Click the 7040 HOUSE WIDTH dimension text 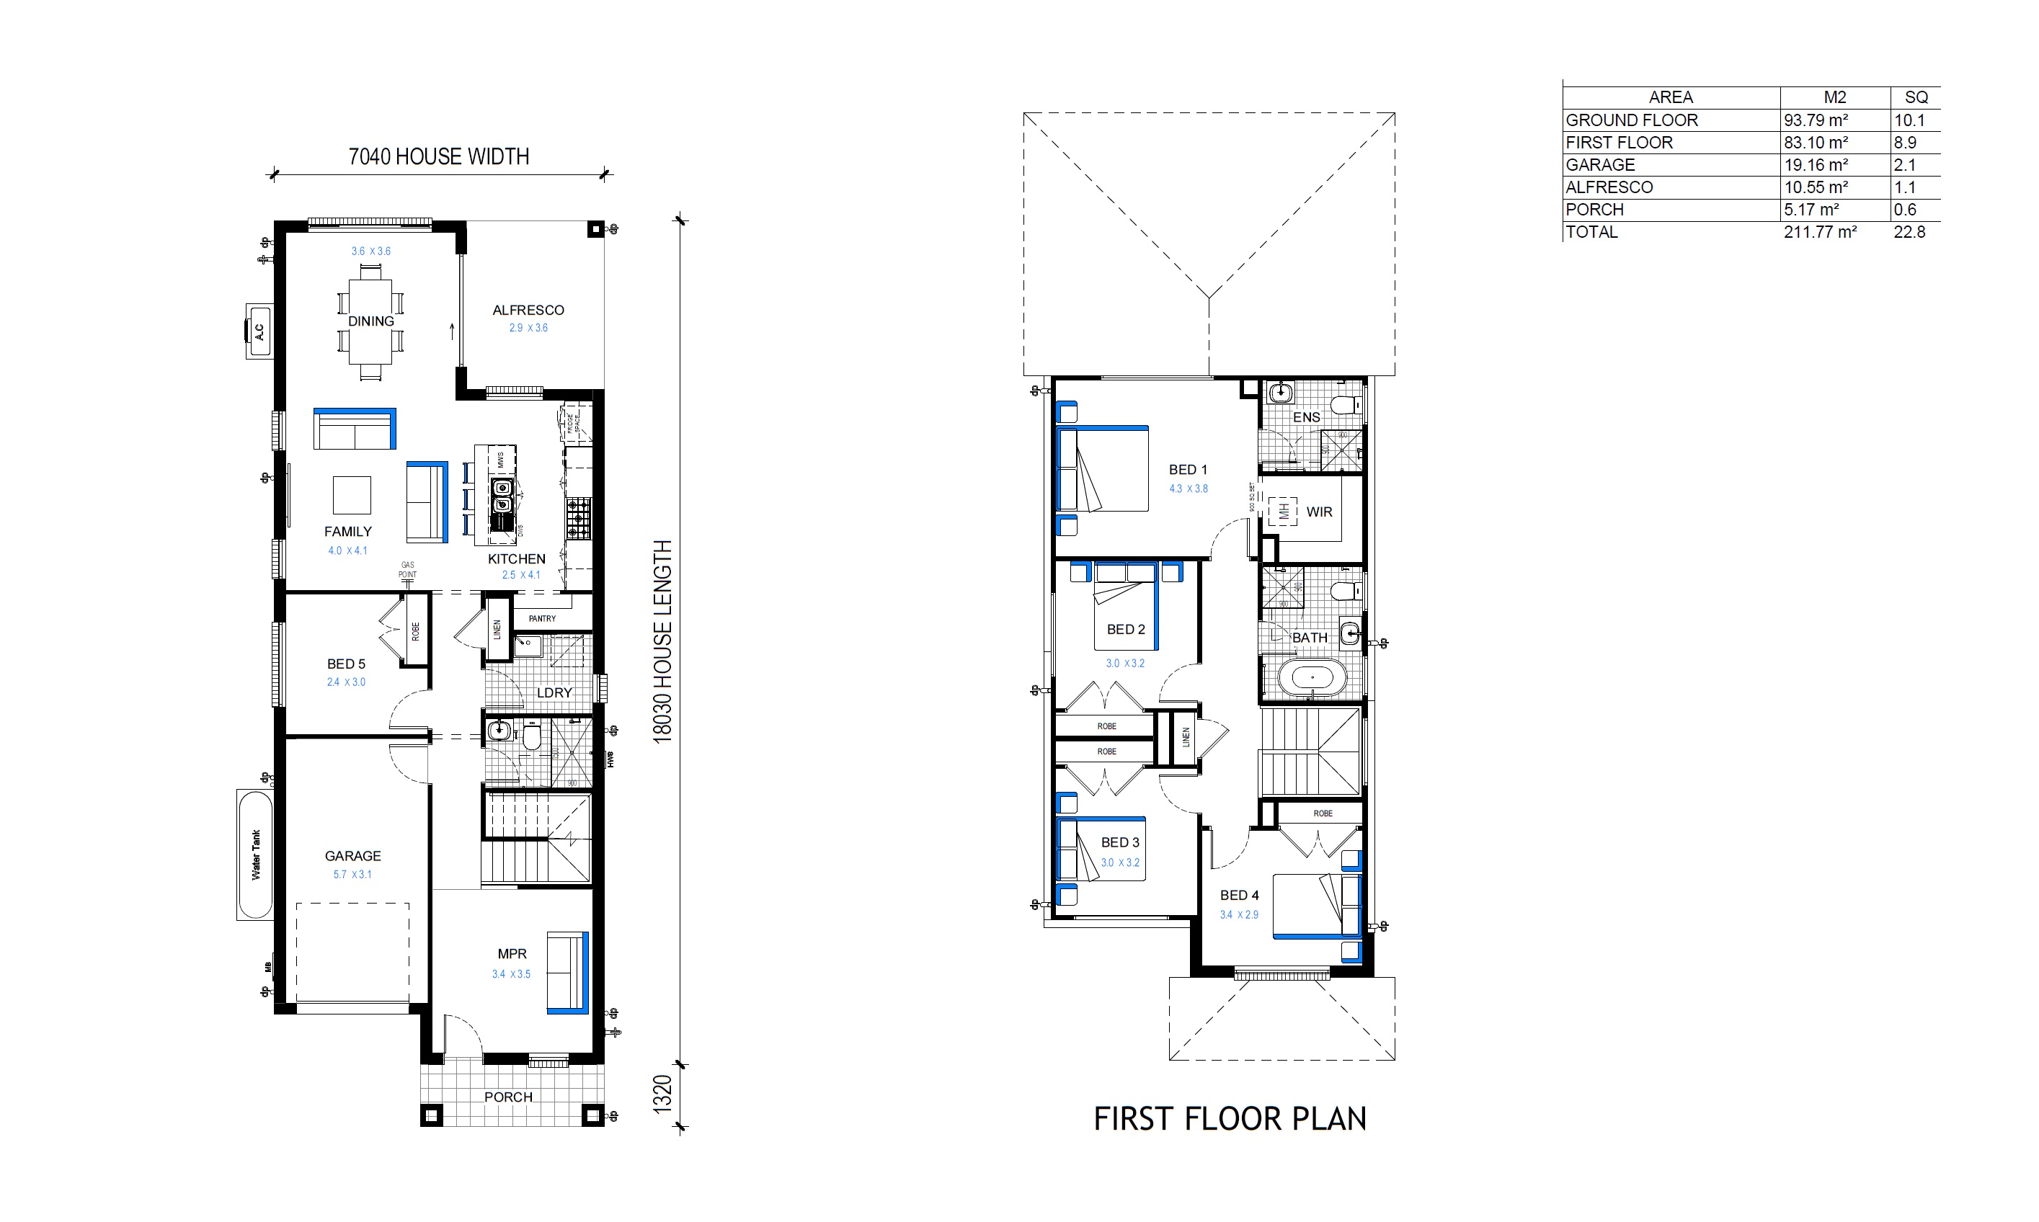[438, 156]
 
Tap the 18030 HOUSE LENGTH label [663, 641]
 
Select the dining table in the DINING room [370, 329]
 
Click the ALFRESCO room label [528, 311]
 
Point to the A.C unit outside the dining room [259, 331]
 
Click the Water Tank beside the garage [254, 855]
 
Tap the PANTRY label [542, 618]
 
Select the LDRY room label [554, 692]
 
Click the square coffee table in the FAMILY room [352, 495]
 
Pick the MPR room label [512, 953]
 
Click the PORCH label [508, 1097]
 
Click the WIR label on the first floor [1318, 512]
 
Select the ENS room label [1306, 417]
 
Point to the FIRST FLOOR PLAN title [1230, 1119]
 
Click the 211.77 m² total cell [1820, 232]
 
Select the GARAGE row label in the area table [1600, 165]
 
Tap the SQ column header [1916, 97]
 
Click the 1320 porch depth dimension [663, 1094]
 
